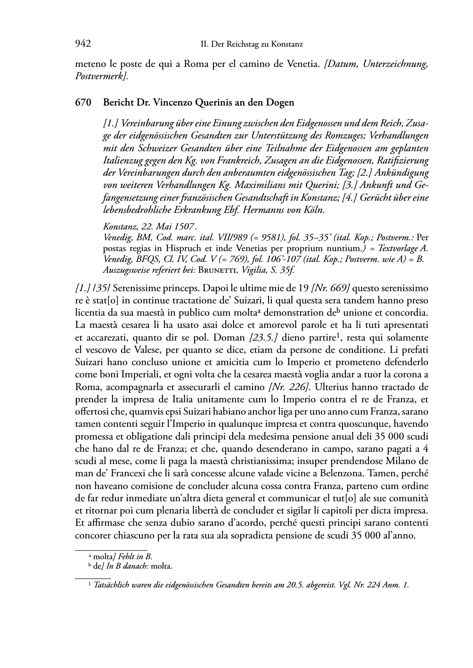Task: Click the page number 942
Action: [x=83, y=44]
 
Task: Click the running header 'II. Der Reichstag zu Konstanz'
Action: [x=252, y=45]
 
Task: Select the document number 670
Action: [x=83, y=102]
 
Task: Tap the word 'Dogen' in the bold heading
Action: [x=282, y=102]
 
